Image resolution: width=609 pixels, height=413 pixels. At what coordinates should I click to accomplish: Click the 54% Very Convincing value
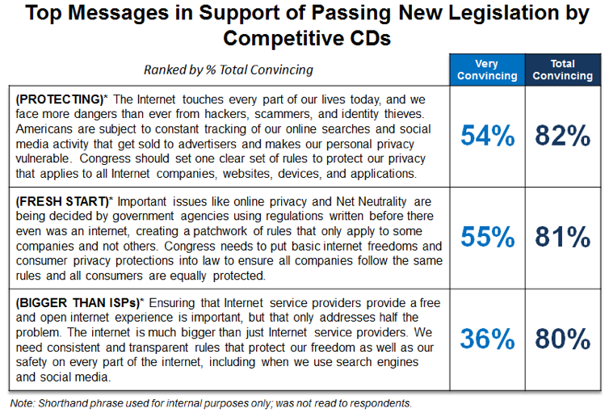487,136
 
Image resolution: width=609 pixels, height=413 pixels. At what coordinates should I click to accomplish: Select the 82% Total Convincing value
562,136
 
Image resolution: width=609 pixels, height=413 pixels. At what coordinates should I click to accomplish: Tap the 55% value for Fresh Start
487,237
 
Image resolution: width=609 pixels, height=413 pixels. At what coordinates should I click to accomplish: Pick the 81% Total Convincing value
562,237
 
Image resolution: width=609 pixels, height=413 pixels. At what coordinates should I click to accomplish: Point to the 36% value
487,339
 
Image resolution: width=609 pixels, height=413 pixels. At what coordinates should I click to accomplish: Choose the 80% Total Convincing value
562,339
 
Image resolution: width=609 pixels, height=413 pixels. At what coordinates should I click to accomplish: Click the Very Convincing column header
487,70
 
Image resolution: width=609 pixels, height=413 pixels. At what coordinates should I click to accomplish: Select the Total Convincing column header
562,70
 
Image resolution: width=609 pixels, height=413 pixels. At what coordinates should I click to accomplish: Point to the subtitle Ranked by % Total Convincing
228,69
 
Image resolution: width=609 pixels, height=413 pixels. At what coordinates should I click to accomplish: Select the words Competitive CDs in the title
305,37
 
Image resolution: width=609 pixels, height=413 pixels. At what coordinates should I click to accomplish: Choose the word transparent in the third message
166,347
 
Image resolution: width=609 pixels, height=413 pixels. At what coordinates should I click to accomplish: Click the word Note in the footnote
22,402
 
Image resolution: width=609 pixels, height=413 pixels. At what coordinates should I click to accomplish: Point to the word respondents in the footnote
381,402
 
